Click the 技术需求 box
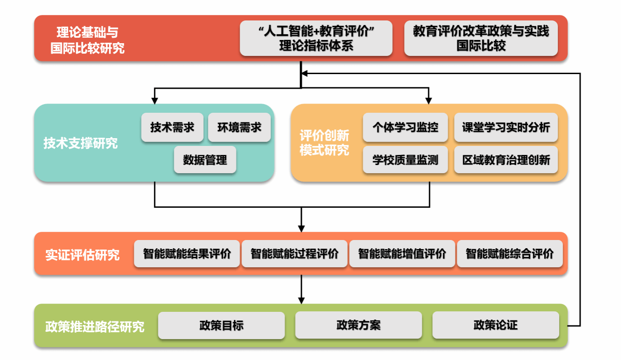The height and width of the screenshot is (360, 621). [x=172, y=127]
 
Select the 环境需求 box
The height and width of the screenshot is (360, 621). [x=239, y=127]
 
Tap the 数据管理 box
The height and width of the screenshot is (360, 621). [x=205, y=160]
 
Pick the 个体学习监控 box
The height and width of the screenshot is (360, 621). [x=405, y=127]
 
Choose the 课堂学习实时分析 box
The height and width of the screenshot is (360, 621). [x=506, y=127]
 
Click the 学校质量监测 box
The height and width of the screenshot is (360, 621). [x=405, y=160]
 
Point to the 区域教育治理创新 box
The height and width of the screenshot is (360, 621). [x=506, y=160]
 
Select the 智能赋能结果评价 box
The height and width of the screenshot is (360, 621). [x=186, y=254]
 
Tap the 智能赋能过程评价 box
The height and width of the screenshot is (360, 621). [x=294, y=254]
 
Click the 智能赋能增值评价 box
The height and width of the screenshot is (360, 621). [x=402, y=254]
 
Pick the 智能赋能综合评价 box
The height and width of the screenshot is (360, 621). [x=509, y=254]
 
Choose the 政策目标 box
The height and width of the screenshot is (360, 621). [x=221, y=325]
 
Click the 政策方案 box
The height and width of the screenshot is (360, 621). [x=358, y=325]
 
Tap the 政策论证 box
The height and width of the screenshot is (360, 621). [x=495, y=325]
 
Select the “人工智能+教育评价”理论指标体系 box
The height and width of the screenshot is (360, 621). [x=316, y=38]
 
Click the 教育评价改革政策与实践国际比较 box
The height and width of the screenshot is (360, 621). [x=481, y=38]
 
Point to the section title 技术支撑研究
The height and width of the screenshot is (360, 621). [x=80, y=143]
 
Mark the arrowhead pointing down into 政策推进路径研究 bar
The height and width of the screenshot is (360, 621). [x=301, y=300]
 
